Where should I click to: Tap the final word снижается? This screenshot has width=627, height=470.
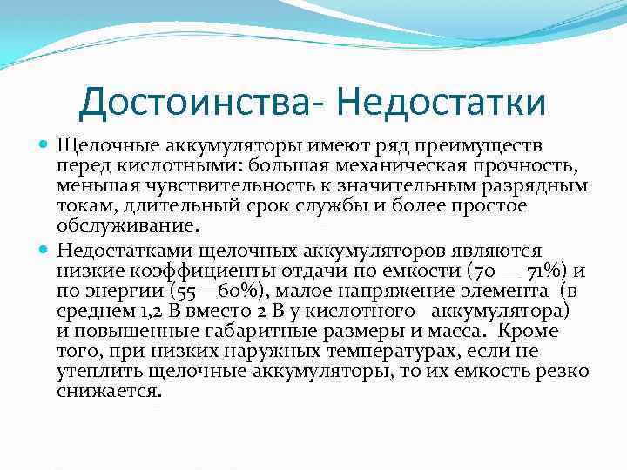click(108, 392)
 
